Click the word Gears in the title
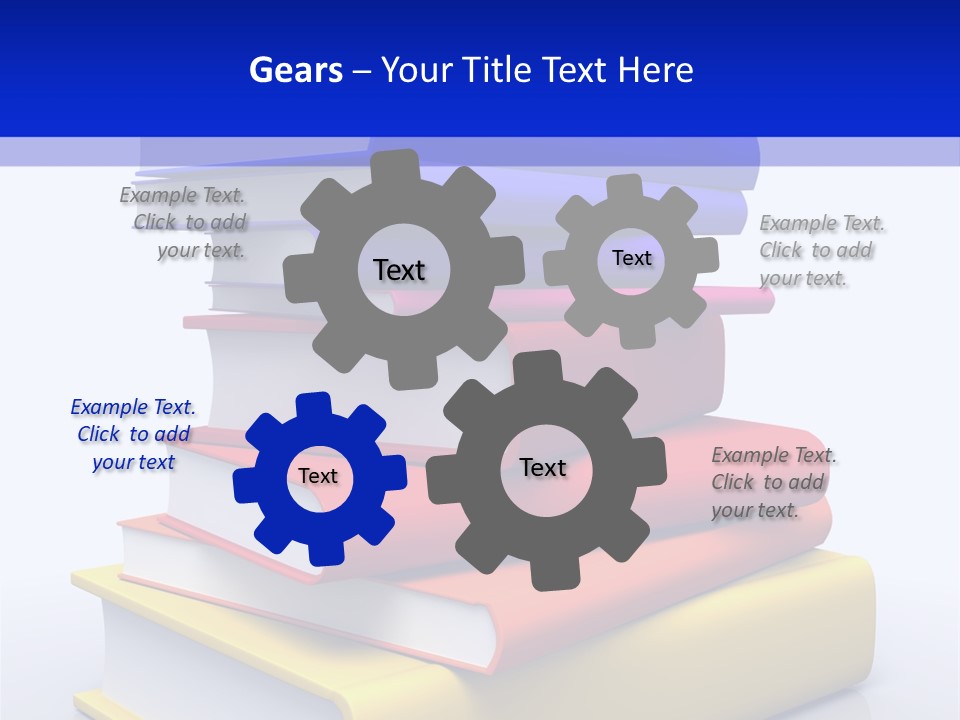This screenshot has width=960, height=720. tap(295, 70)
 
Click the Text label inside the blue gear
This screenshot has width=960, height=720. tap(318, 476)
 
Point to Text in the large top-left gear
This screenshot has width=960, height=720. tap(399, 270)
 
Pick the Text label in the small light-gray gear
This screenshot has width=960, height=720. tap(631, 258)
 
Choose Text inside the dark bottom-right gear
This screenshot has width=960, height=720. tap(543, 467)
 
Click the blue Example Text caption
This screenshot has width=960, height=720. tap(134, 435)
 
